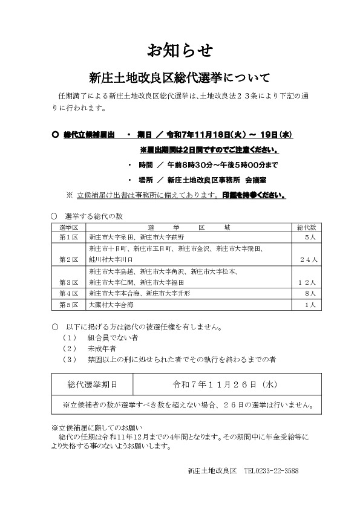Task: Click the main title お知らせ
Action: click(x=180, y=51)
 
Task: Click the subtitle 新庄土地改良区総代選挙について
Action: click(x=180, y=78)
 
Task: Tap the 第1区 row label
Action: click(x=69, y=238)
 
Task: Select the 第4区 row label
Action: click(x=69, y=293)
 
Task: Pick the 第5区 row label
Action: click(x=69, y=305)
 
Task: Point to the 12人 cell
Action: click(x=306, y=282)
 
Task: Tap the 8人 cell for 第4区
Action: click(x=308, y=293)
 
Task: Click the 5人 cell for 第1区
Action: click(x=309, y=238)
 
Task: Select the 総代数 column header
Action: click(x=306, y=227)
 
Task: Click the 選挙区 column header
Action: click(x=69, y=227)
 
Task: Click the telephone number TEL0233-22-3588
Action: click(x=271, y=470)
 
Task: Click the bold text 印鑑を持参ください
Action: click(x=254, y=195)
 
